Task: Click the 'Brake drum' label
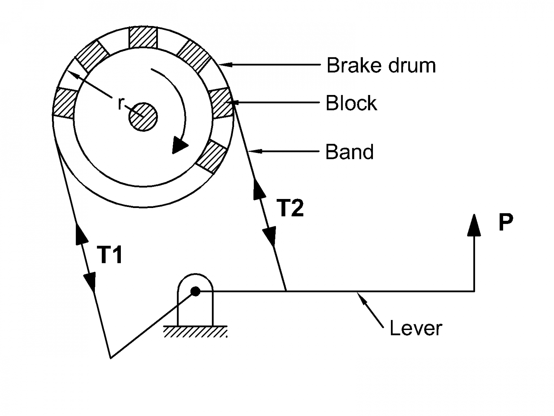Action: coord(381,66)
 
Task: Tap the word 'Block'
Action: coord(351,103)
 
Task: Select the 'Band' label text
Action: coord(349,152)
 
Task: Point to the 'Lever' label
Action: coord(415,328)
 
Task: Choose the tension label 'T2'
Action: coord(290,208)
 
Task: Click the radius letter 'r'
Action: coord(120,103)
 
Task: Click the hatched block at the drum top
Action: coord(143,38)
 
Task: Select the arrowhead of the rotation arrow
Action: coord(179,145)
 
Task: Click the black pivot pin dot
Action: coord(195,291)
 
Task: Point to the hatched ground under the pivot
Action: coord(195,331)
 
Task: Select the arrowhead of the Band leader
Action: coord(255,152)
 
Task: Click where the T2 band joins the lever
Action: coord(286,291)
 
